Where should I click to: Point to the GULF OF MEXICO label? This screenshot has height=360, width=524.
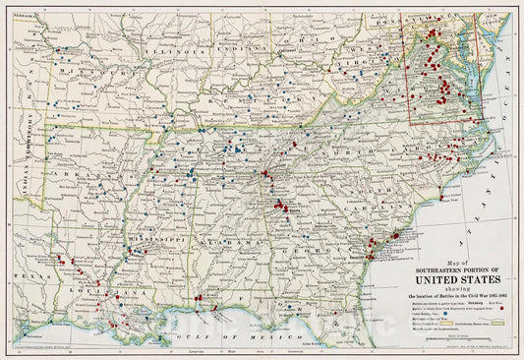click(x=211, y=334)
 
